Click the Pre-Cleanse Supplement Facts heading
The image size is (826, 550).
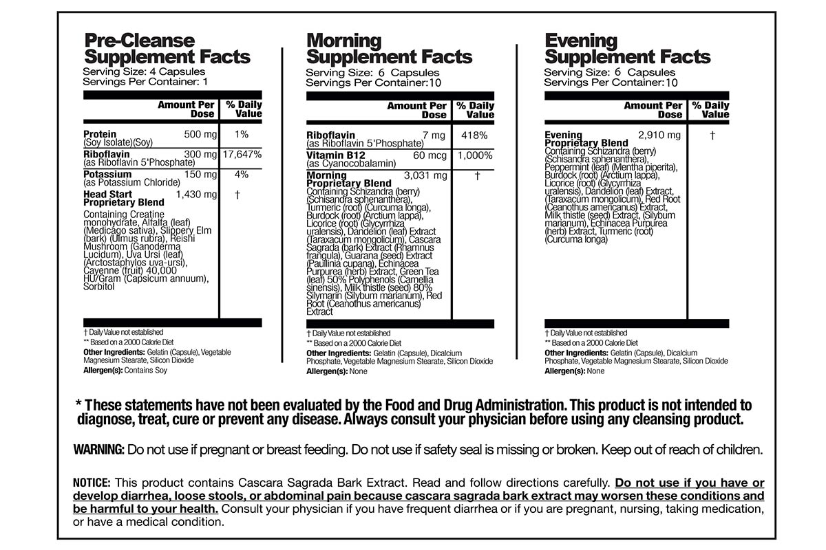coord(167,49)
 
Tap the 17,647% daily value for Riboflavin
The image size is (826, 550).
coord(242,155)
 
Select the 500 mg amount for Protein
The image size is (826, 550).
coord(201,134)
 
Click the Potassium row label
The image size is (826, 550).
coord(107,175)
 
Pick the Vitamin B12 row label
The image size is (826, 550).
coord(337,156)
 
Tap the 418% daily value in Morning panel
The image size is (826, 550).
coord(474,135)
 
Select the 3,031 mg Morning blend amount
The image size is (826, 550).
coord(425,176)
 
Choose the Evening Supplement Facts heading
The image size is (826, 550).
coord(627,49)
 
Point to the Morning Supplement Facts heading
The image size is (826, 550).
coord(389,49)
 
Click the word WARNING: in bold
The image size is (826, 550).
coord(99,450)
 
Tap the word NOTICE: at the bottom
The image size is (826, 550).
coord(94,483)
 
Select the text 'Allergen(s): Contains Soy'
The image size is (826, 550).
coord(125,370)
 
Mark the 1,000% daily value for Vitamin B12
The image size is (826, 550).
coord(474,156)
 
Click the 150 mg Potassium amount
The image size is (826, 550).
coord(201,175)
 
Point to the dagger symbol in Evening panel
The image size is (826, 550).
coord(712,135)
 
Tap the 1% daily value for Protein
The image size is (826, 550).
coord(241,134)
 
